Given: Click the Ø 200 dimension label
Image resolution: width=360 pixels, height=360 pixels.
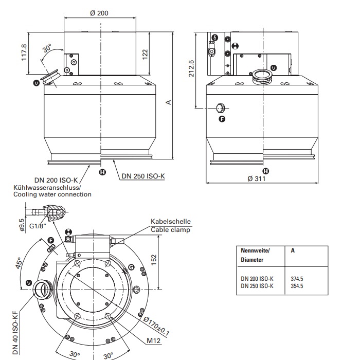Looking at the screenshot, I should point(99,13).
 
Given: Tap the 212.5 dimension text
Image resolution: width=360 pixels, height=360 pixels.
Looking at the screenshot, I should point(191,69).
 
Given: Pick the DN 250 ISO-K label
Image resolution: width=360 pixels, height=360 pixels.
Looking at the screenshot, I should point(143,176).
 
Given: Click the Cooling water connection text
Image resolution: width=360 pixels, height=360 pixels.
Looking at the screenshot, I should point(52,194).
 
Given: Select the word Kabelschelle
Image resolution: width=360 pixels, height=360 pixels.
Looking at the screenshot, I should point(170,222).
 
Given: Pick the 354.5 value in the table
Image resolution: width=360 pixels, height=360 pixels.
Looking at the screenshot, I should point(297,285).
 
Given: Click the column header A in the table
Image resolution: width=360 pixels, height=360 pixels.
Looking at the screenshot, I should point(293,250).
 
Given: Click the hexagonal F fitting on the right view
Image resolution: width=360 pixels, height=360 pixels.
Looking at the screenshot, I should point(221,108).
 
